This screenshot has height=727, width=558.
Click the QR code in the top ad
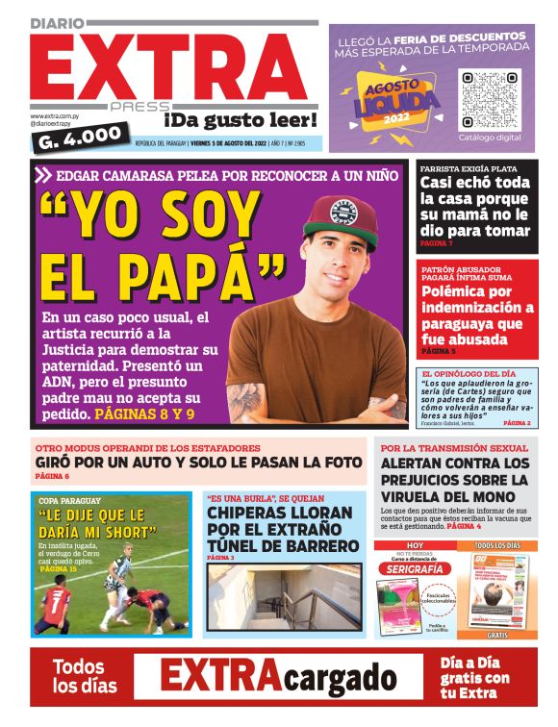490,99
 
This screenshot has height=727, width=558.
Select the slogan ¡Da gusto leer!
240,120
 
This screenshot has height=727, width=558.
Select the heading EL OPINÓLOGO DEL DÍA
469,373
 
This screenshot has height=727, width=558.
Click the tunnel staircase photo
284,597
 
